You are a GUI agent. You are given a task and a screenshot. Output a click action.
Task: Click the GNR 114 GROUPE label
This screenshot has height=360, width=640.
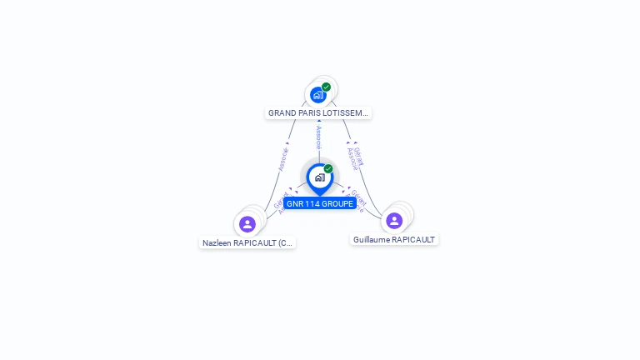[x=320, y=203]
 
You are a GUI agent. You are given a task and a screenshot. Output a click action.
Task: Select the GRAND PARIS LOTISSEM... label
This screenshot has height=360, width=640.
[x=317, y=112]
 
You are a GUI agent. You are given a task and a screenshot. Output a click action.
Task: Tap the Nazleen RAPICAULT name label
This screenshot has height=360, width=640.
[x=247, y=243]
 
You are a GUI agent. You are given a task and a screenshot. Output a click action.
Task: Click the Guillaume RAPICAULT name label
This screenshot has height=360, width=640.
[x=394, y=239]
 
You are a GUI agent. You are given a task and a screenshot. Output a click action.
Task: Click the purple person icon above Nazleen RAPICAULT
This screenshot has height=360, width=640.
[x=247, y=223]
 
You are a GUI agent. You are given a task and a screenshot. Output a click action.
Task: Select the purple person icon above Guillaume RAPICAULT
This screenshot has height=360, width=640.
[x=394, y=220]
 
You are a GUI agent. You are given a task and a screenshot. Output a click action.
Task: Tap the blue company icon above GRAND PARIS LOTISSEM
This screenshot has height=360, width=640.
[x=317, y=95]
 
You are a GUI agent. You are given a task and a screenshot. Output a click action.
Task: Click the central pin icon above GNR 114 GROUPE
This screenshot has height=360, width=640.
[x=319, y=177]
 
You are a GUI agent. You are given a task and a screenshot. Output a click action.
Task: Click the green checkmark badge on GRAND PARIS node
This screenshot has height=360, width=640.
[x=327, y=87]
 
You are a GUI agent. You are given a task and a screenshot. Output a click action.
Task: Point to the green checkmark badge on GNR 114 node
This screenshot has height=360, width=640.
[x=328, y=168]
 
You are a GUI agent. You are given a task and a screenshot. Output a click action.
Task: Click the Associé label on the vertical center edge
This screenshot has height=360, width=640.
[x=318, y=137]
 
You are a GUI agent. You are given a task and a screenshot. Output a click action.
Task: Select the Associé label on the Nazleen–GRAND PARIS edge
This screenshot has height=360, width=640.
[x=282, y=159]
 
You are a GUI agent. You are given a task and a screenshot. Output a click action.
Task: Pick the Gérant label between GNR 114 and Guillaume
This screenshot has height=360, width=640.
[x=356, y=201]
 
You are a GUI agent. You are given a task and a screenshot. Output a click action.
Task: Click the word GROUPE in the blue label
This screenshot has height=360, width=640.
[x=337, y=203]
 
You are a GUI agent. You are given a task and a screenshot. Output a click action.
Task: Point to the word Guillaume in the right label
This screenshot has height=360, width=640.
[x=372, y=239]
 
